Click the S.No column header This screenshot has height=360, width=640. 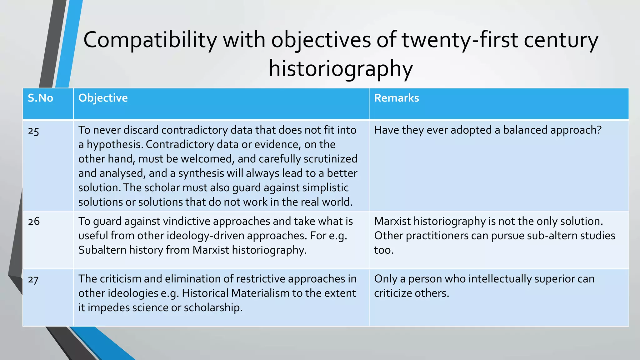click(40, 98)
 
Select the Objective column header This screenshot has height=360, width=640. click(103, 98)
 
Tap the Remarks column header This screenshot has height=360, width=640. click(396, 98)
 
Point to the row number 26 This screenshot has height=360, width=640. click(34, 222)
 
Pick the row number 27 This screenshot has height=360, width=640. click(33, 279)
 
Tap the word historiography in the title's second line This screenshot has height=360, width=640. click(341, 69)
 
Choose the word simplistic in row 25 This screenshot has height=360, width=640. click(325, 188)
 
